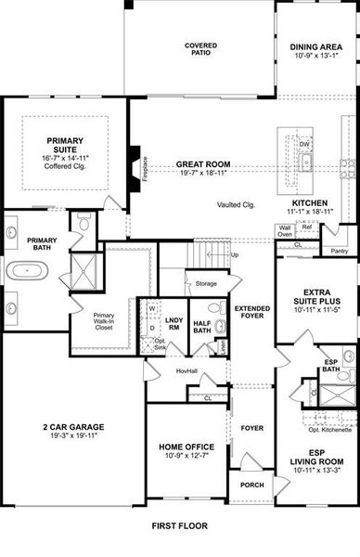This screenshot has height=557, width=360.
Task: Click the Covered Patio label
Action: (x=200, y=48)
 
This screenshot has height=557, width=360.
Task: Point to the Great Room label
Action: (x=202, y=164)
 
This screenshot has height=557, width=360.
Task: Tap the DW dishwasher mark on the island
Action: (x=303, y=145)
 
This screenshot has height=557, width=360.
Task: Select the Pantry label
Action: (x=340, y=251)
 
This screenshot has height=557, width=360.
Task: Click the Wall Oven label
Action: (x=285, y=232)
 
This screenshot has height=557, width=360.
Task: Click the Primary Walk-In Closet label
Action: (x=104, y=321)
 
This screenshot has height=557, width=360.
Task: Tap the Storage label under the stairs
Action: (x=205, y=283)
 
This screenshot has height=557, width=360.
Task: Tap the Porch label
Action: (x=251, y=485)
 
